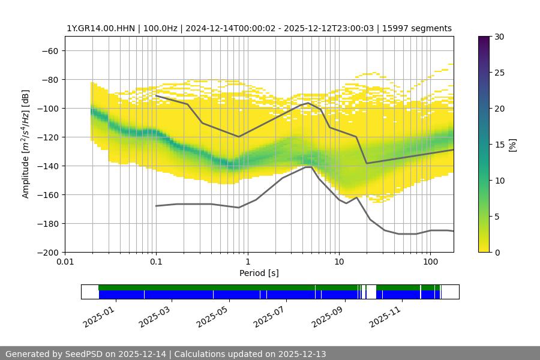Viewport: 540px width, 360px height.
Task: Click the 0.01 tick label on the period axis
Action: (65, 261)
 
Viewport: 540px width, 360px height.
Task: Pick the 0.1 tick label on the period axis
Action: (156, 261)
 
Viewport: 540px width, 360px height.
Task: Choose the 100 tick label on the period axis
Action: (430, 261)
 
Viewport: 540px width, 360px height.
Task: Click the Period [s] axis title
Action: (259, 273)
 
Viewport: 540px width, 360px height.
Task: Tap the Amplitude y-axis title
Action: (26, 144)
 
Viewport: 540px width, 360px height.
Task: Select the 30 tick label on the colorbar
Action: (499, 37)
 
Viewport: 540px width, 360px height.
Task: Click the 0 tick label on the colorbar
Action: (497, 252)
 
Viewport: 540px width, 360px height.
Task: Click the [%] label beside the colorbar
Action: (512, 145)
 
